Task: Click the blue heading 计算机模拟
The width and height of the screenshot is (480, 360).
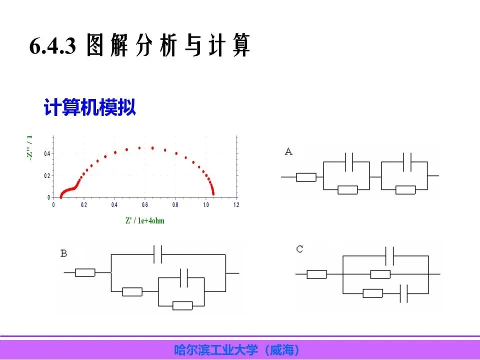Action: click(x=90, y=108)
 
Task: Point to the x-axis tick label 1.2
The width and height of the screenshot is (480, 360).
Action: click(x=236, y=205)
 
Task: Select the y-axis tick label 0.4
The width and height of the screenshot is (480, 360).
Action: click(x=46, y=153)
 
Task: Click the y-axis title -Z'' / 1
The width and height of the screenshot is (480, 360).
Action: click(x=30, y=147)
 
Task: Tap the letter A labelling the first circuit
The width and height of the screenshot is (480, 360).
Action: click(x=288, y=151)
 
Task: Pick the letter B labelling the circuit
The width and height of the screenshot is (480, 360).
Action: click(x=63, y=253)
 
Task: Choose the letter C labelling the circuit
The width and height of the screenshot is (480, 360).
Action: click(x=299, y=248)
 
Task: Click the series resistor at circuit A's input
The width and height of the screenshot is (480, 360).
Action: click(x=306, y=176)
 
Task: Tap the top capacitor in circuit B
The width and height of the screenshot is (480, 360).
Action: click(x=158, y=255)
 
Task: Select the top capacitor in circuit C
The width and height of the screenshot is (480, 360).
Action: click(x=390, y=256)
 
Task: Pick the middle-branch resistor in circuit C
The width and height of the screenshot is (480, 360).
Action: click(x=380, y=274)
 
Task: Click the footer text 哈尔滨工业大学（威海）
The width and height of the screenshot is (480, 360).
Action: click(x=239, y=349)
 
